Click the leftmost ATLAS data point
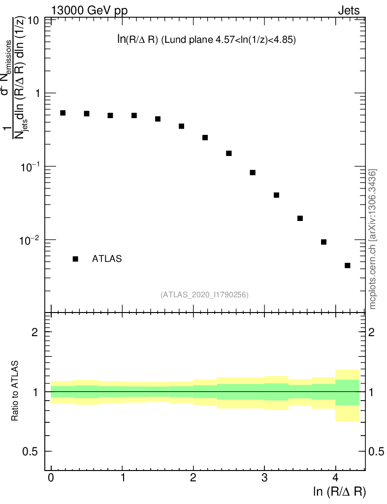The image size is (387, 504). coord(63,113)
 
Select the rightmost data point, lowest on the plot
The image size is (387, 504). coord(347,265)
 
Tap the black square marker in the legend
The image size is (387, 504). coord(75,259)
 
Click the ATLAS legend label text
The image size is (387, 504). coord(107,259)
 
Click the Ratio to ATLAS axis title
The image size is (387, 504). coord(15,391)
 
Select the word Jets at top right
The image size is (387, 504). coord(349,10)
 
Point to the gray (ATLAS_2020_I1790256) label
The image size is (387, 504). coord(204,295)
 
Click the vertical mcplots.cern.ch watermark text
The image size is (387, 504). coord(373,239)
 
